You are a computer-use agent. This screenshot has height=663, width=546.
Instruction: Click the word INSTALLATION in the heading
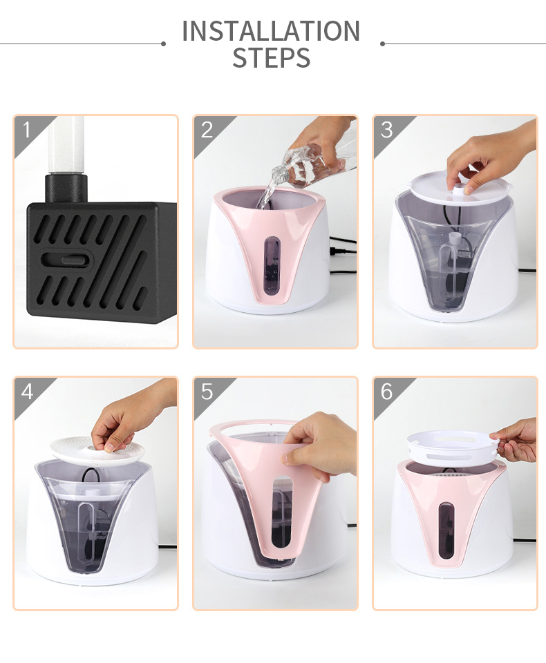tap(271, 31)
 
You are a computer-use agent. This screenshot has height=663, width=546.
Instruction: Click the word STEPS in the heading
tap(272, 58)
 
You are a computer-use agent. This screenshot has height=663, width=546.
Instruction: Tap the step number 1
tap(27, 130)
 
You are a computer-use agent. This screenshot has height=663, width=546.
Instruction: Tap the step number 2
tap(207, 130)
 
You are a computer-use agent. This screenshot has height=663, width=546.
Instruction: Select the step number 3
tap(386, 130)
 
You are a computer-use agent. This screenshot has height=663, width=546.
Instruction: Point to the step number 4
tap(27, 392)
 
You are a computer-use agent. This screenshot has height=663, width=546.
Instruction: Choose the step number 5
tap(207, 392)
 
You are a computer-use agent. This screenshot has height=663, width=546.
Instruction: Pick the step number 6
tap(386, 392)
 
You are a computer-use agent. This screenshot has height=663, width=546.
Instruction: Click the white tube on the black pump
tap(66, 144)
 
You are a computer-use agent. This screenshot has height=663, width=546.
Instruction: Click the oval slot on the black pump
tap(67, 259)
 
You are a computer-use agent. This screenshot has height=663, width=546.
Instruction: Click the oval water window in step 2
tap(272, 266)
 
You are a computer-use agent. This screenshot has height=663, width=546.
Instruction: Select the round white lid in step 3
tap(459, 187)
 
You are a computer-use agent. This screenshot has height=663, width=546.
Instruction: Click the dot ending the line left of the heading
tap(163, 44)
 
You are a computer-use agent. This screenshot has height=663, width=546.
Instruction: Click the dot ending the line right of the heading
tap(383, 44)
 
